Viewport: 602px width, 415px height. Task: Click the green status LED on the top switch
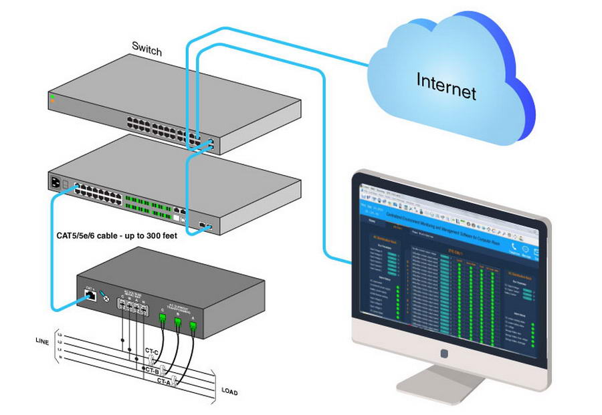pyautogui.click(x=52, y=98)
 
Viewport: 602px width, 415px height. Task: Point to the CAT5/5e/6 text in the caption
pyautogui.click(x=79, y=236)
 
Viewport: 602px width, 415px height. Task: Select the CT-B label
pyautogui.click(x=152, y=370)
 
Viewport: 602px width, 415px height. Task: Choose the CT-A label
pyautogui.click(x=165, y=380)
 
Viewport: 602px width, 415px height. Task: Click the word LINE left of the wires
pyautogui.click(x=42, y=341)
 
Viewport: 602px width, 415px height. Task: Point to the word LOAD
pyautogui.click(x=229, y=392)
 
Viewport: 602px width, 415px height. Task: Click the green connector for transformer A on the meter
pyautogui.click(x=192, y=326)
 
